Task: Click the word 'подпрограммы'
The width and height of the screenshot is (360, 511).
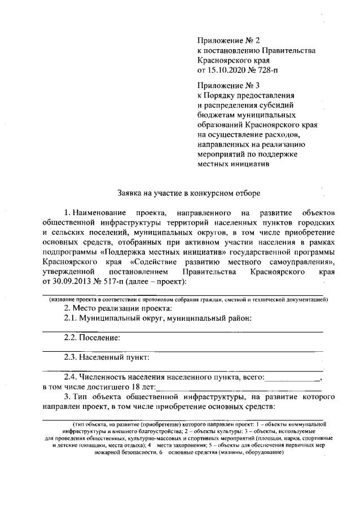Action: tap(69, 252)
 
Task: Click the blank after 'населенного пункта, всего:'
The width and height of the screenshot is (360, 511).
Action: tap(292, 378)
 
